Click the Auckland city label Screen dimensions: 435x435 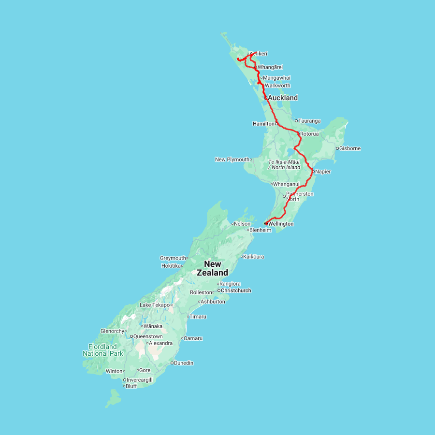click(x=283, y=98)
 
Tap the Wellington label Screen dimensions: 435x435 click(x=281, y=224)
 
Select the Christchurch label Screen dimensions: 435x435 click(x=236, y=290)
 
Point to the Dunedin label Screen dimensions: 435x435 click(x=184, y=363)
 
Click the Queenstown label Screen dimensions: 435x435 click(x=148, y=336)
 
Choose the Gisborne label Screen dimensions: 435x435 click(x=350, y=148)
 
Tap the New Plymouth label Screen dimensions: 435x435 click(x=232, y=159)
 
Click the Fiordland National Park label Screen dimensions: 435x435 click(x=102, y=350)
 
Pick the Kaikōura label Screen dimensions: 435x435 click(x=254, y=257)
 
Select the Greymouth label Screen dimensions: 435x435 click(x=173, y=258)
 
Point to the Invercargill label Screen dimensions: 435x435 click(x=140, y=380)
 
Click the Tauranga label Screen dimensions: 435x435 click(x=310, y=121)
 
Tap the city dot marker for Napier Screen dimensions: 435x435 click(x=313, y=171)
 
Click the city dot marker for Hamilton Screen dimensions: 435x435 click(x=276, y=124)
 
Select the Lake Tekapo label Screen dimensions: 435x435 click(x=155, y=305)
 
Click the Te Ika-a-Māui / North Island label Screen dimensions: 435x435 click(x=284, y=164)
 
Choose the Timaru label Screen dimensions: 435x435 click(x=198, y=317)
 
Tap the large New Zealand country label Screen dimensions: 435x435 click(x=213, y=268)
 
